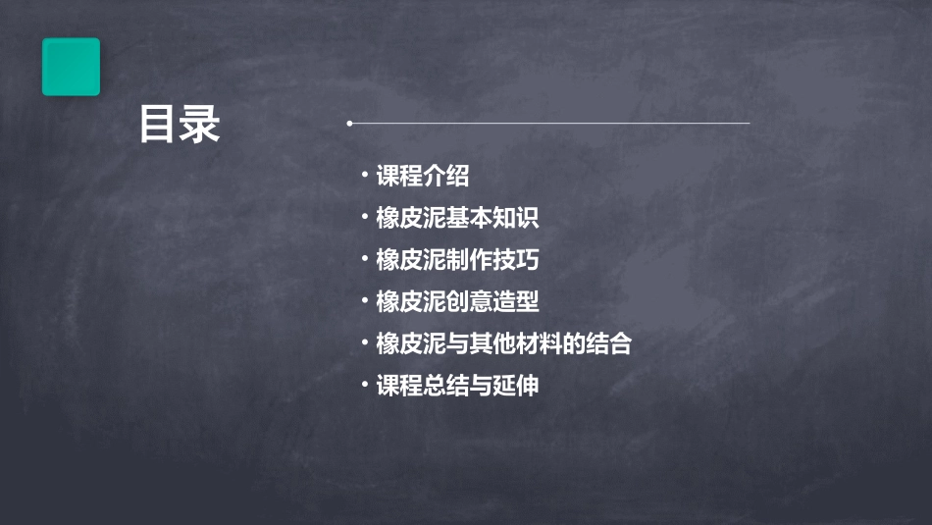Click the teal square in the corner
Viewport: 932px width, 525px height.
pyautogui.click(x=71, y=67)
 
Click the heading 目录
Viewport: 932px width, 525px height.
pyautogui.click(x=180, y=125)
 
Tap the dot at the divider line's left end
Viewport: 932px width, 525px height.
pyautogui.click(x=349, y=124)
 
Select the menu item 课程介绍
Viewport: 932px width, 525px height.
pyautogui.click(x=423, y=176)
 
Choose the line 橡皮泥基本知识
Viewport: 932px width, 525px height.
pyautogui.click(x=457, y=218)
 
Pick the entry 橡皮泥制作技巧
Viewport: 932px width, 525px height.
pyautogui.click(x=457, y=260)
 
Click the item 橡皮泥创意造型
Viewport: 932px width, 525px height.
pyautogui.click(x=457, y=301)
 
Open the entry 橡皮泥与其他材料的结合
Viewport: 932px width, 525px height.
pyautogui.click(x=503, y=343)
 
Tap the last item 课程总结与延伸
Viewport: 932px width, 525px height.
pyautogui.click(x=457, y=385)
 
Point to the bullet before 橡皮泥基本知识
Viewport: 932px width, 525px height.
pyautogui.click(x=364, y=217)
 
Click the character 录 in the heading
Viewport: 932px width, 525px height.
pyautogui.click(x=200, y=125)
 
